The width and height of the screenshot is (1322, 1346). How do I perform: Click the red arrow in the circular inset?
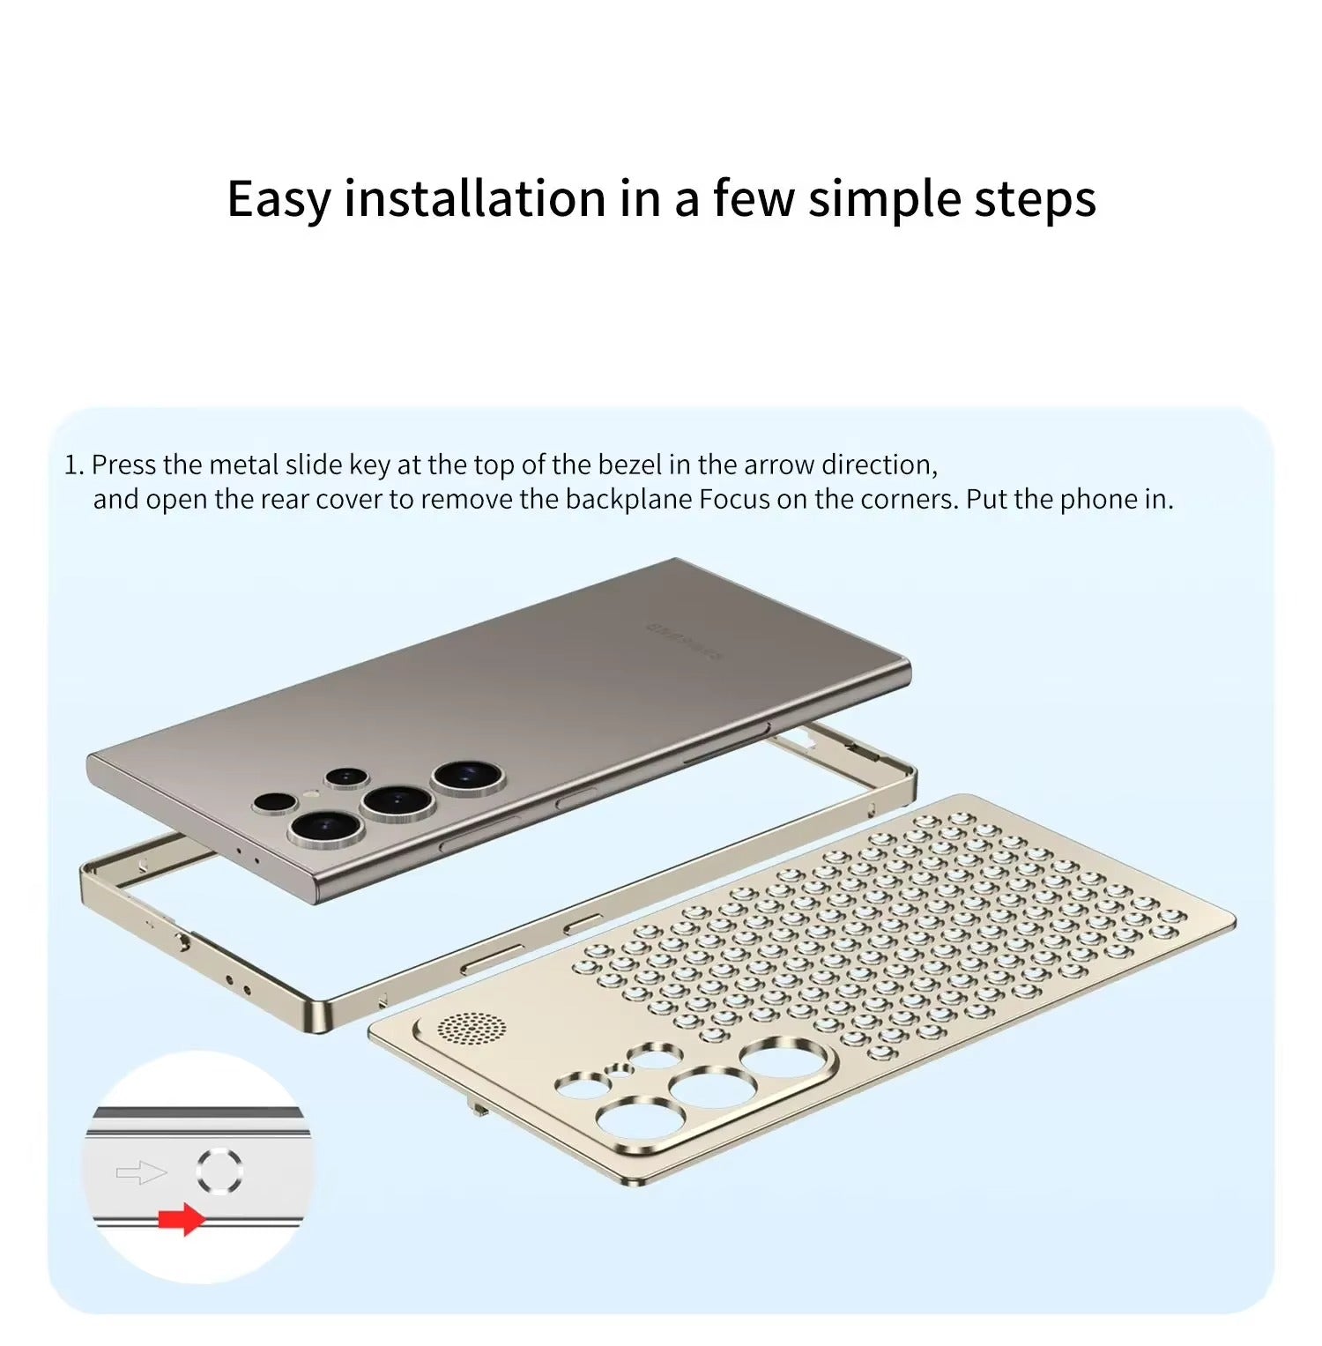[182, 1220]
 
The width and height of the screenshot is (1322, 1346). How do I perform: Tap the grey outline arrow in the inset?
[141, 1172]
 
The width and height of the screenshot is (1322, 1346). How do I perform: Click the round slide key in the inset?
[219, 1171]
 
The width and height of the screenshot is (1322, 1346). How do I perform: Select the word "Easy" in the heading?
[278, 200]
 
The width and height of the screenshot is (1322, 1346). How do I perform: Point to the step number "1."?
[74, 465]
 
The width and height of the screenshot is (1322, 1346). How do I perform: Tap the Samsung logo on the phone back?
[683, 640]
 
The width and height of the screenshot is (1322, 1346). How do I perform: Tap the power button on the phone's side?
[576, 799]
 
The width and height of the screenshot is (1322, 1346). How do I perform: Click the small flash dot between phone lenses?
[308, 795]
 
